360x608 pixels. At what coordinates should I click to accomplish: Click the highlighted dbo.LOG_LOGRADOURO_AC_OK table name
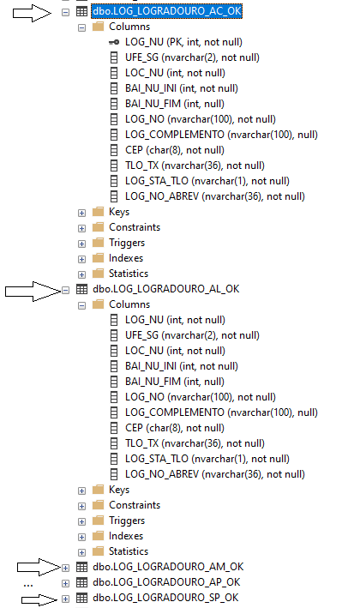point(166,11)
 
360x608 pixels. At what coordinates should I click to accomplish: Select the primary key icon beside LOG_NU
point(114,42)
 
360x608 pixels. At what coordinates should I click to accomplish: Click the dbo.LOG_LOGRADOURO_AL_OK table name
point(165,289)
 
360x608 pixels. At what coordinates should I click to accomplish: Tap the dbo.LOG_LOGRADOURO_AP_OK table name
point(166,582)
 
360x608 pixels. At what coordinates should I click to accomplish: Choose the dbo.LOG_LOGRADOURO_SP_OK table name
point(165,598)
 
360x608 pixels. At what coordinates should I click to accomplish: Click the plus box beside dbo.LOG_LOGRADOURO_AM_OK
point(65,568)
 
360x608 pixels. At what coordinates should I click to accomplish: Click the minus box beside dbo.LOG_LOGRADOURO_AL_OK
point(65,290)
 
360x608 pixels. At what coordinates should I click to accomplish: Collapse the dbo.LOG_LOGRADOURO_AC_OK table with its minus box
point(65,12)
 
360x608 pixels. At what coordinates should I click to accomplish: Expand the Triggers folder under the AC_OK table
point(81,244)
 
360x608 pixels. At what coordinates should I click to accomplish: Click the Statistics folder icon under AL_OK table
point(98,551)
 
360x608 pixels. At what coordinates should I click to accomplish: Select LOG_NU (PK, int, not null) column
point(183,42)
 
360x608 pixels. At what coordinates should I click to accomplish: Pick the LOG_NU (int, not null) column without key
point(175,320)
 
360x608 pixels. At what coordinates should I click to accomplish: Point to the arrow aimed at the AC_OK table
point(32,13)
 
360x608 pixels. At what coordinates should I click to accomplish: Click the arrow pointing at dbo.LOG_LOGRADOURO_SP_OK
point(39,599)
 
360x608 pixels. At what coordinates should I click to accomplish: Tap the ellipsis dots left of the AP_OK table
point(28,586)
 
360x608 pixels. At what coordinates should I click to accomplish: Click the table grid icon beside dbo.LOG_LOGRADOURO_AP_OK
point(81,582)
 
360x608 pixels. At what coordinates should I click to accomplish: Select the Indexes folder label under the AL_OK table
point(126,536)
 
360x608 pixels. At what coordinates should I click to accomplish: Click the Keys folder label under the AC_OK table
point(119,212)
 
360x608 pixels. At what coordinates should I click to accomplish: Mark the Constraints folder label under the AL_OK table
point(135,505)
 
